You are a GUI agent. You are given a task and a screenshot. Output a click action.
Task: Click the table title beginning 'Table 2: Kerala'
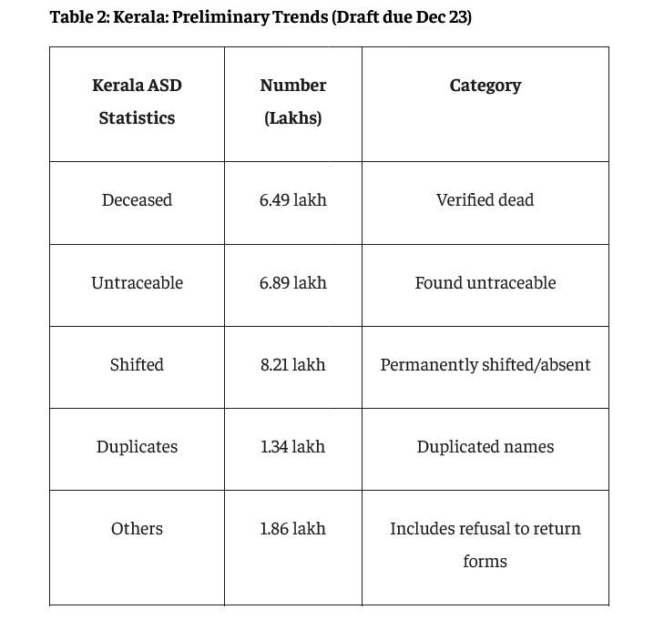point(260,17)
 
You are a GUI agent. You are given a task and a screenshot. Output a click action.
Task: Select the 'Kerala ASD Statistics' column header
point(137,101)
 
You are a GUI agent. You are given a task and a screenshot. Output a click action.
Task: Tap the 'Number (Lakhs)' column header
point(292,101)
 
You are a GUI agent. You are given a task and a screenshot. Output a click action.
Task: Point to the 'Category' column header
point(485,86)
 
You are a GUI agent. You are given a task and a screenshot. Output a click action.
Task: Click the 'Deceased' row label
point(137,200)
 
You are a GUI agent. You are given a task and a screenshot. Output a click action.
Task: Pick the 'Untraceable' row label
point(137,283)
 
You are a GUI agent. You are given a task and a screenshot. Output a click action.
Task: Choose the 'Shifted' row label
point(137,365)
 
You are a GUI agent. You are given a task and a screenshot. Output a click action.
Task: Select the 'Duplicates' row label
point(137,447)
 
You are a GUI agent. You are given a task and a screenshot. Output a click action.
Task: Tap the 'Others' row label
point(137,529)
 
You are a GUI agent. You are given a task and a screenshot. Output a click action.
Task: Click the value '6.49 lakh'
point(292,200)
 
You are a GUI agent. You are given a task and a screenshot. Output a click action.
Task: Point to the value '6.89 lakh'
point(292,283)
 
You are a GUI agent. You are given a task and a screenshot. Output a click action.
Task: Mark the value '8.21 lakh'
point(292,365)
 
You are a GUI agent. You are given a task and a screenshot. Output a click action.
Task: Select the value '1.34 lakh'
point(292,447)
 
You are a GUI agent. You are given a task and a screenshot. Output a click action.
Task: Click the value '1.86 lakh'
point(292,529)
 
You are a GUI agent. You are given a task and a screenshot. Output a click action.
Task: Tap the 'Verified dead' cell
point(485,200)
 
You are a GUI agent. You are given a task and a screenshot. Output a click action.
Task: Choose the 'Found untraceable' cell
point(485,283)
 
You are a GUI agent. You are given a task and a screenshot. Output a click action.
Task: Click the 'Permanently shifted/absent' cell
point(485,365)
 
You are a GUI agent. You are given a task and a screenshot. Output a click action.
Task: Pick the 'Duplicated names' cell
point(485,447)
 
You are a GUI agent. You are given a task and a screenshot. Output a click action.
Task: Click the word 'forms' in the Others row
point(485,562)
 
